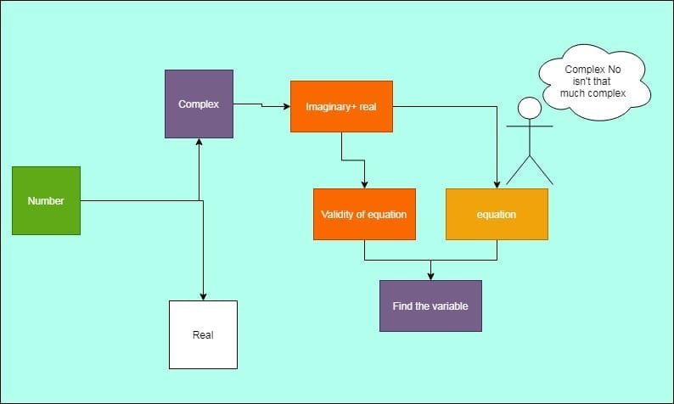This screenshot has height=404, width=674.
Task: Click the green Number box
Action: [46, 200]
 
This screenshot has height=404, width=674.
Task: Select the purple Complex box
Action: [199, 104]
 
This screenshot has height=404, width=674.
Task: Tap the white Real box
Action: [203, 334]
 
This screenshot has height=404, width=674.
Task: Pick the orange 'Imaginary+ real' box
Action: [341, 106]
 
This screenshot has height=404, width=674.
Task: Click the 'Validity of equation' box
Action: [364, 214]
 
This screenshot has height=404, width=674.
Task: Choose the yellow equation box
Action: [497, 214]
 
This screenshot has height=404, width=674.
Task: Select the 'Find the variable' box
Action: [430, 306]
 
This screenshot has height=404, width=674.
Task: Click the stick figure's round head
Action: [530, 108]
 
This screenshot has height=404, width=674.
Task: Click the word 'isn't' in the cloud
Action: [574, 81]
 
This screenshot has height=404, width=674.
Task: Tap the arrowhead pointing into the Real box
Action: [203, 296]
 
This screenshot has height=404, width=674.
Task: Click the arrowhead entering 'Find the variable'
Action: [431, 276]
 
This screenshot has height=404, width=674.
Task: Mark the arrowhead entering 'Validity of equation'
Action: [364, 184]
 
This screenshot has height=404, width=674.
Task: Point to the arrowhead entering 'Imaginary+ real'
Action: [286, 106]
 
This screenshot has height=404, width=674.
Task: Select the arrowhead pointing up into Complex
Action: [199, 142]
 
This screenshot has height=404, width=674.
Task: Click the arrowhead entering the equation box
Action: [497, 184]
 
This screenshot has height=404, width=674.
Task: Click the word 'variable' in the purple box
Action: [451, 306]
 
